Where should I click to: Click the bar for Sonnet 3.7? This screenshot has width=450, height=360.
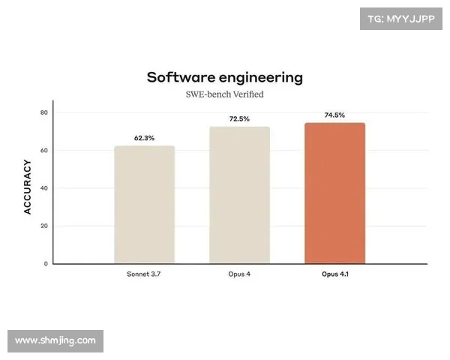pyautogui.click(x=145, y=205)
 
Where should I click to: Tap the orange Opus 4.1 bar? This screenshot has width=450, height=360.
pyautogui.click(x=334, y=193)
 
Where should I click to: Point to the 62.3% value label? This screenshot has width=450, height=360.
pyautogui.click(x=145, y=138)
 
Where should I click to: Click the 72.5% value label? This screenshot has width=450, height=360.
pyautogui.click(x=239, y=119)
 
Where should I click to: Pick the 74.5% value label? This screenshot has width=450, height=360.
pyautogui.click(x=334, y=115)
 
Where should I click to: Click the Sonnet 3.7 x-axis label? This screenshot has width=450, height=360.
pyautogui.click(x=145, y=274)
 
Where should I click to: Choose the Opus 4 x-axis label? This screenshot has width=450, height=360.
pyautogui.click(x=239, y=274)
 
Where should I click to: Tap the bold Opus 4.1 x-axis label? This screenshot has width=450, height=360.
pyautogui.click(x=334, y=274)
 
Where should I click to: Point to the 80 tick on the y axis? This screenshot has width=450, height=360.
pyautogui.click(x=43, y=112)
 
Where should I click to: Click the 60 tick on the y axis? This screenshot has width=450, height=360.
pyautogui.click(x=43, y=151)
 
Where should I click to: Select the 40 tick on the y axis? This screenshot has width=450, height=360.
pyautogui.click(x=43, y=188)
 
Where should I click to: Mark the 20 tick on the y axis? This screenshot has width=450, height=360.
pyautogui.click(x=43, y=226)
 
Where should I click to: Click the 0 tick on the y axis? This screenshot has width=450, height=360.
pyautogui.click(x=46, y=264)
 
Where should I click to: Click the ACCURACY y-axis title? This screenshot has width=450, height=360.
pyautogui.click(x=28, y=187)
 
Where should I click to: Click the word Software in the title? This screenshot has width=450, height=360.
pyautogui.click(x=178, y=77)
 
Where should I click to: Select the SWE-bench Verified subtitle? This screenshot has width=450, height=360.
pyautogui.click(x=225, y=94)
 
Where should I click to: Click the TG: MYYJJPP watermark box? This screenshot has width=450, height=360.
pyautogui.click(x=400, y=18)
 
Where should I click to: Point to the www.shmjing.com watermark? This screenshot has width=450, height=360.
pyautogui.click(x=55, y=340)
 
